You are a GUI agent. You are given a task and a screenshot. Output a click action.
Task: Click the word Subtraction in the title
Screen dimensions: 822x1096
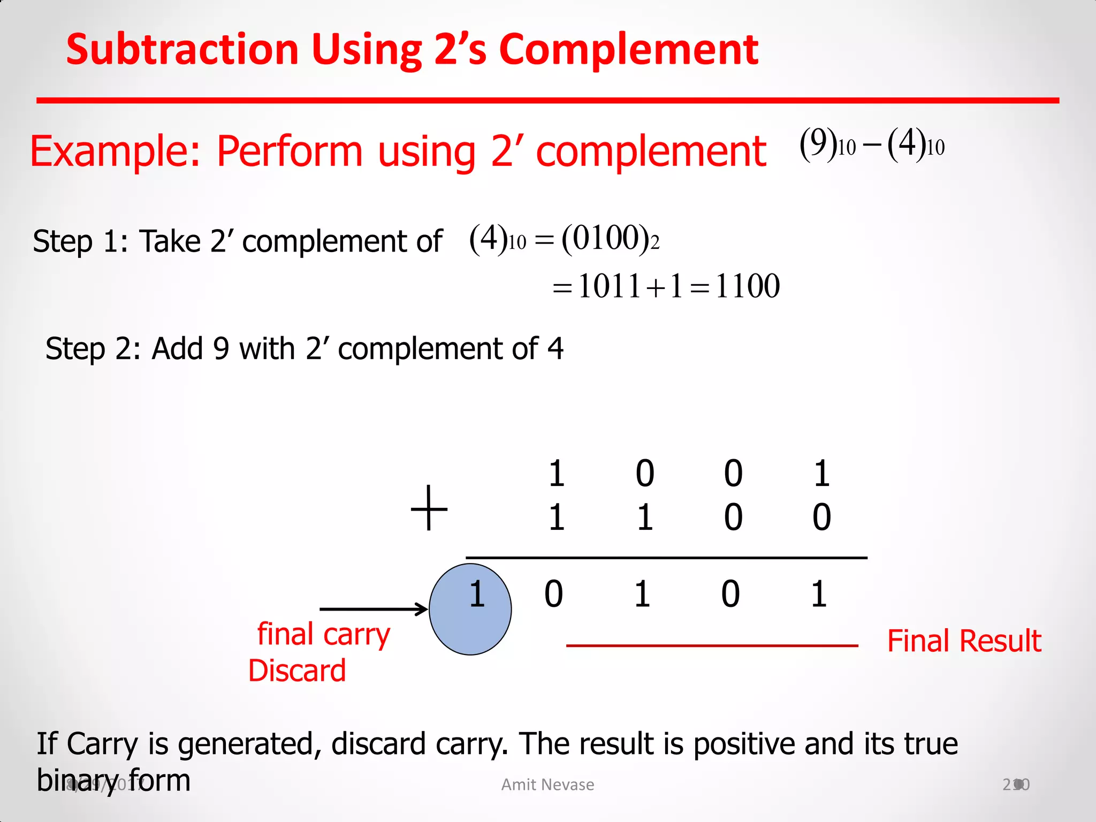pyautogui.click(x=182, y=49)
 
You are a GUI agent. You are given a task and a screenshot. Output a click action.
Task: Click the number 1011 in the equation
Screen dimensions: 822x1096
pyautogui.click(x=609, y=286)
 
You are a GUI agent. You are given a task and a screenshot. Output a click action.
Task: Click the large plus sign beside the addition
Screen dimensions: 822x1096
pyautogui.click(x=429, y=507)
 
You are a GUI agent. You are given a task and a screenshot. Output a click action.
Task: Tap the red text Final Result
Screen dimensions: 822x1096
pyautogui.click(x=964, y=641)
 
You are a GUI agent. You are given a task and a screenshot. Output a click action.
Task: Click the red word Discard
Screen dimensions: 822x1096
pyautogui.click(x=297, y=671)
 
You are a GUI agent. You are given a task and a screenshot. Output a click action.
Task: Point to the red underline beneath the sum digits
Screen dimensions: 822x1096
pyautogui.click(x=712, y=646)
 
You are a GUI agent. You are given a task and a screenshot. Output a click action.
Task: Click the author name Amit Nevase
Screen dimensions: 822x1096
pyautogui.click(x=547, y=785)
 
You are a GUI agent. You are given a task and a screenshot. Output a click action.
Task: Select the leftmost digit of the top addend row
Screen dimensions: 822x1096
pyautogui.click(x=557, y=474)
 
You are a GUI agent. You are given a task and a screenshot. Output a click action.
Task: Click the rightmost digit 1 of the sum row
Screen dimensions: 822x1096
pyautogui.click(x=819, y=594)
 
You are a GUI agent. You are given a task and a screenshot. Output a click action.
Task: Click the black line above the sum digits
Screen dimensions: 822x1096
pyautogui.click(x=666, y=558)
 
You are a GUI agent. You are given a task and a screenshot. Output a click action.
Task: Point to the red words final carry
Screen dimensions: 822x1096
pyautogui.click(x=324, y=635)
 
